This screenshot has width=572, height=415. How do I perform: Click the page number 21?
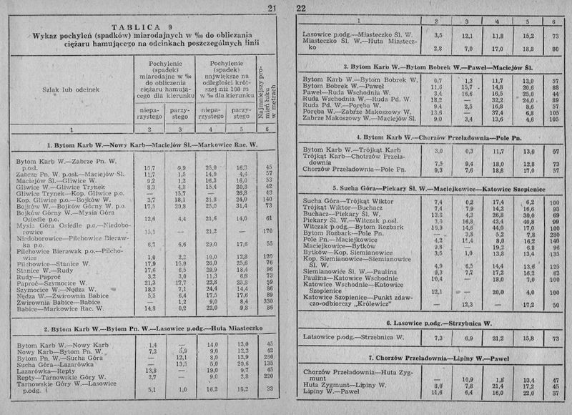tap(271, 8)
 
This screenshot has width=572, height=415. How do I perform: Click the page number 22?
tap(301, 8)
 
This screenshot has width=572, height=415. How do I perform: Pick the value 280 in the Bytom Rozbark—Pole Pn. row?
tap(553, 233)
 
